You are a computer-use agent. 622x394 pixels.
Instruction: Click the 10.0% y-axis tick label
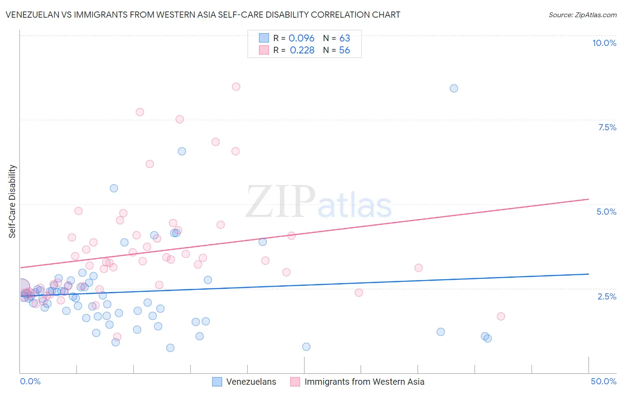[x=604, y=43]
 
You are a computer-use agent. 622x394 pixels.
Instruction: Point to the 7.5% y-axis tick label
[x=607, y=127]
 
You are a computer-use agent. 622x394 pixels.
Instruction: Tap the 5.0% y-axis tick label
[x=606, y=212]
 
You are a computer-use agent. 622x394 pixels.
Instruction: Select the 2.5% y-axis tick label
[x=607, y=296]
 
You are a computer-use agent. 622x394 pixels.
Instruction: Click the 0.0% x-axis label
[x=30, y=381]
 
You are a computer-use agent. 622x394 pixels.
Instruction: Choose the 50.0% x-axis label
[x=603, y=381]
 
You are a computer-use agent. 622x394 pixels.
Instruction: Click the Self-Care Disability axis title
[x=12, y=201]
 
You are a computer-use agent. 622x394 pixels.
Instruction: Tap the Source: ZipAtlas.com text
[x=582, y=15]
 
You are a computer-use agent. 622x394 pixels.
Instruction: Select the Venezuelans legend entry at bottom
[x=251, y=382]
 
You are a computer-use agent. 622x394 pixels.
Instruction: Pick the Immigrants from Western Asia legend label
[x=364, y=382]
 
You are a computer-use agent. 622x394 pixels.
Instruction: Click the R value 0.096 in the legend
[x=301, y=38]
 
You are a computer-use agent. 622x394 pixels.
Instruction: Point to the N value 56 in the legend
[x=344, y=50]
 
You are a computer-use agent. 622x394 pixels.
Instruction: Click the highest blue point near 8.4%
[x=454, y=88]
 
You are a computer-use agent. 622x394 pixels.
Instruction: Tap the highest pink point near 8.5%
[x=236, y=87]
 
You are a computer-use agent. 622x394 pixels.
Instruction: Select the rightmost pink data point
[x=501, y=316]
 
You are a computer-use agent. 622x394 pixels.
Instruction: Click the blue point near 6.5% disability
[x=182, y=151]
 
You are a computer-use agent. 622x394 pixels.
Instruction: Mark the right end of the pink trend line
[x=589, y=199]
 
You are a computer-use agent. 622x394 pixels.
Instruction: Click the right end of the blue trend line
[x=589, y=274]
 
